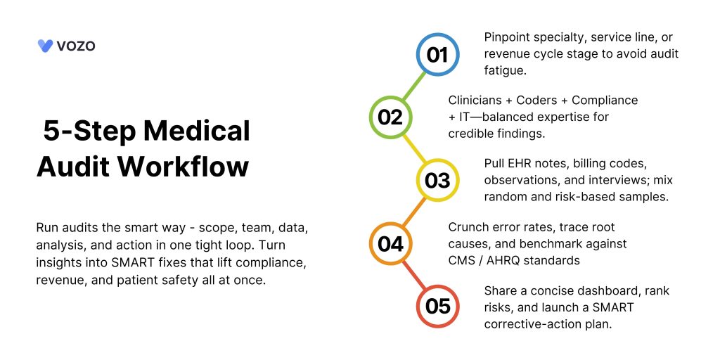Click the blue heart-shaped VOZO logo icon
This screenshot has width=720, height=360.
coord(45,46)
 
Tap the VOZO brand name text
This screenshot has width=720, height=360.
coord(76,46)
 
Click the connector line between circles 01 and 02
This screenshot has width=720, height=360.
coord(413,86)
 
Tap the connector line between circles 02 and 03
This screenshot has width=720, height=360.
coord(413,149)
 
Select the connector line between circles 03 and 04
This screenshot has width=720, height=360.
coord(413,212)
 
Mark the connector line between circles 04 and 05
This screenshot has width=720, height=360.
coord(413,275)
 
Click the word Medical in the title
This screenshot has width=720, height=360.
coord(197,131)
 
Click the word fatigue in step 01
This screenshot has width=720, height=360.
coord(504,71)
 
